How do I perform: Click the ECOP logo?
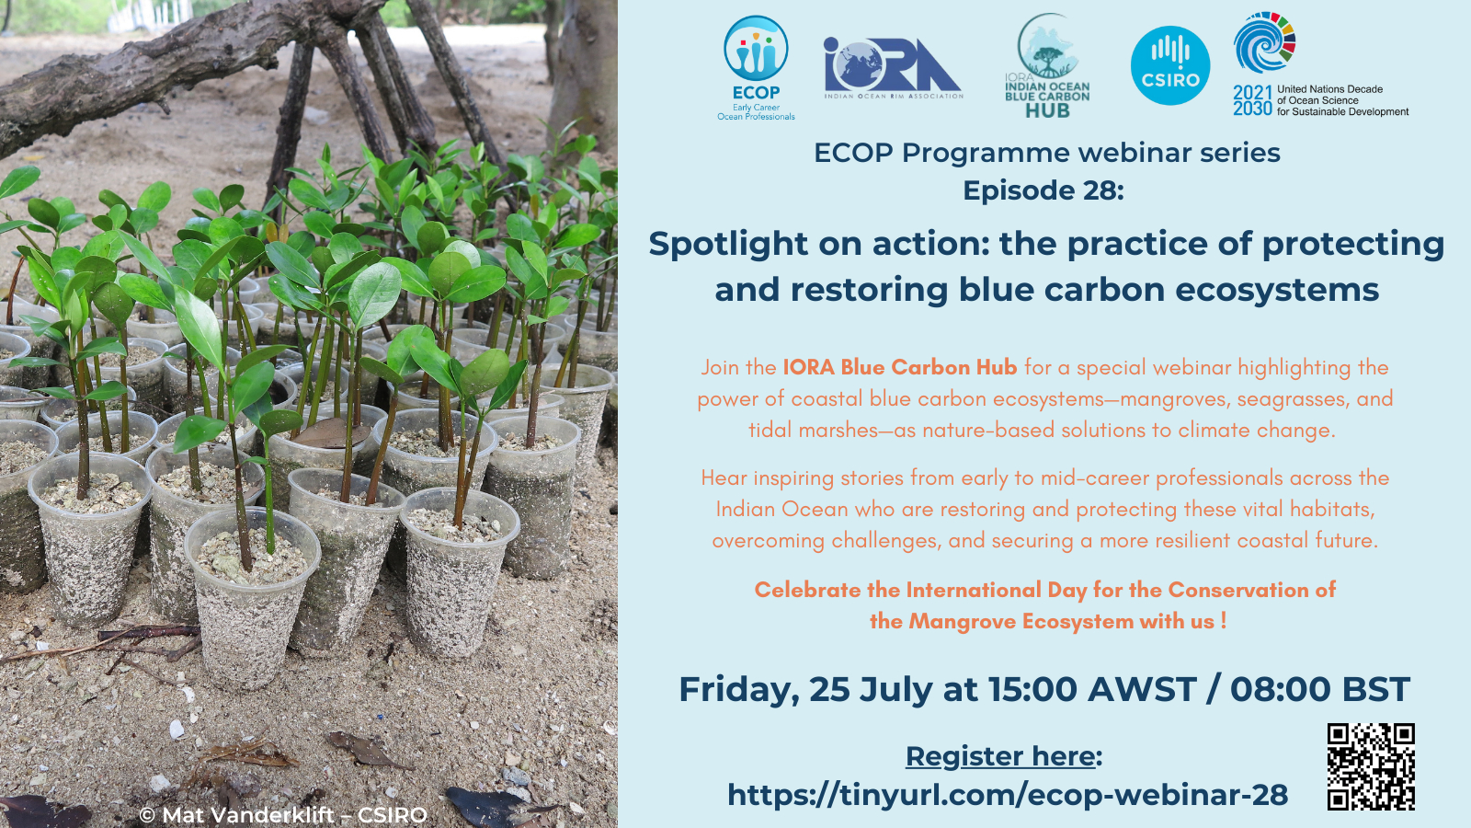(756, 68)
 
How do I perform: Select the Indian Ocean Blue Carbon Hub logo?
(1047, 65)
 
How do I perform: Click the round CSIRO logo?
(1170, 65)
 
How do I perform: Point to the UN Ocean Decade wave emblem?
(1264, 42)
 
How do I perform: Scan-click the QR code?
(1371, 767)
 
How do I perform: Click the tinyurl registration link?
(1008, 795)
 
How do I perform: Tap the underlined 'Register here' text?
(1000, 756)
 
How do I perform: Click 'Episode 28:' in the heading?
(1043, 190)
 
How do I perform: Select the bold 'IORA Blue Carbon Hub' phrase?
(900, 367)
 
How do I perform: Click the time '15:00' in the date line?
(1033, 689)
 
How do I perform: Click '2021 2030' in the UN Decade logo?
(1252, 100)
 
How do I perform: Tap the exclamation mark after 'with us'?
(1224, 620)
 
